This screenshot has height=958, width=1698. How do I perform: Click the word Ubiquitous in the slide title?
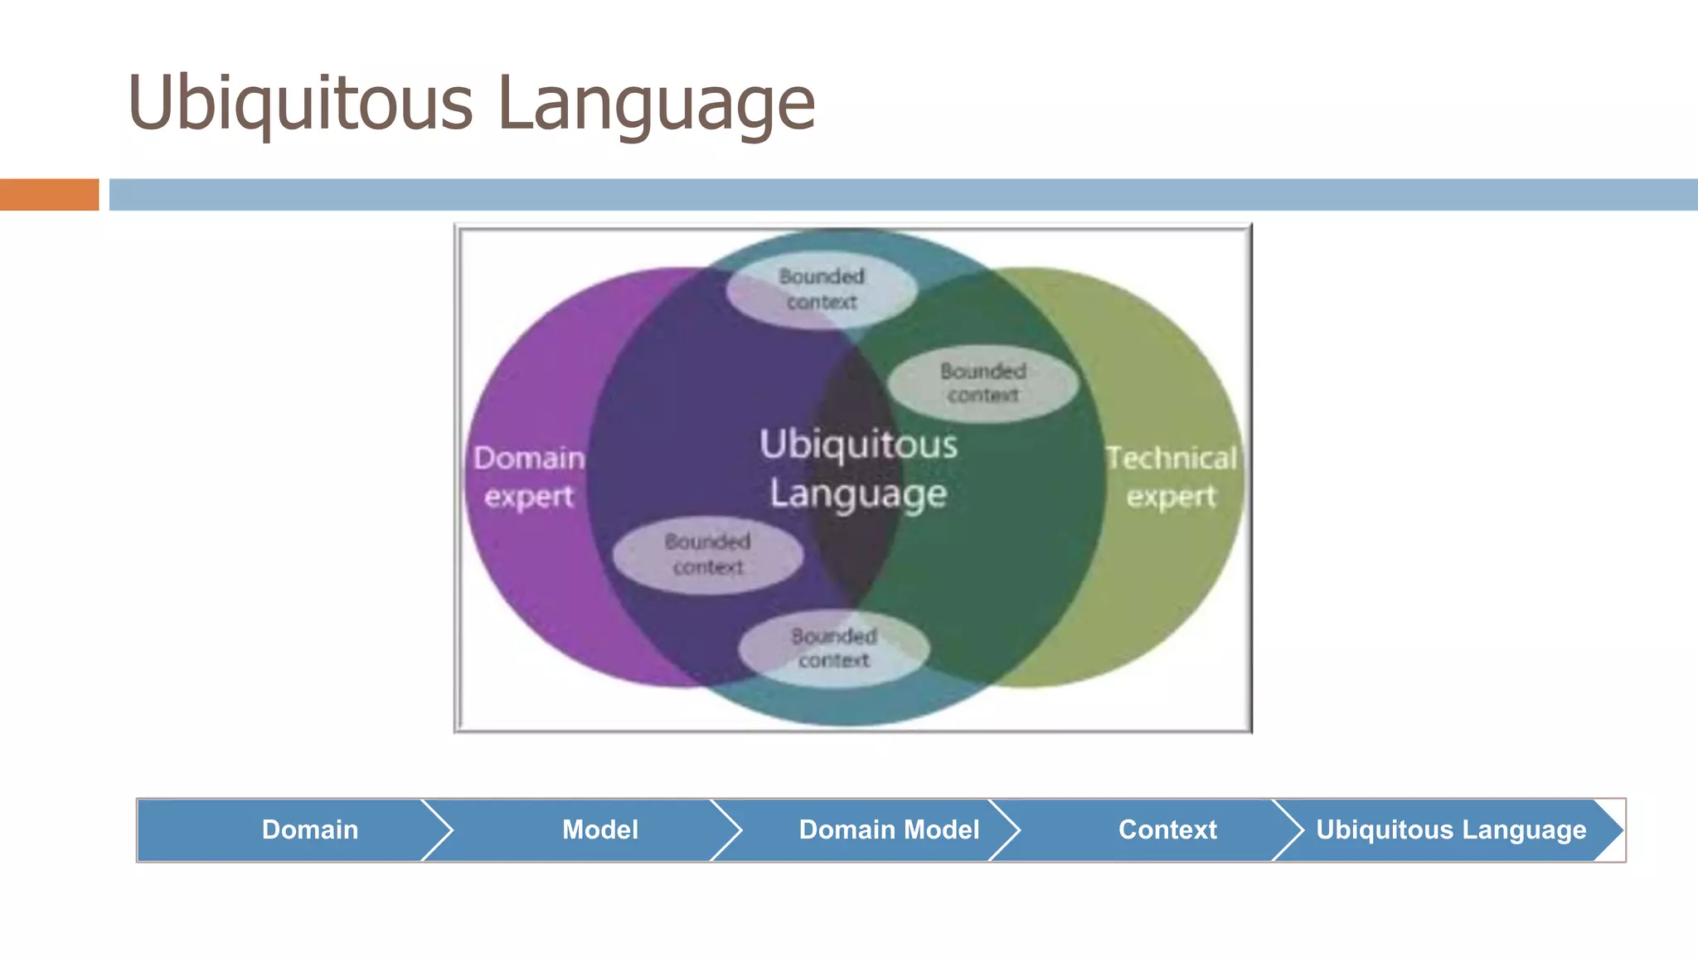click(x=300, y=104)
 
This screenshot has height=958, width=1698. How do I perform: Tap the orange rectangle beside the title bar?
click(x=49, y=195)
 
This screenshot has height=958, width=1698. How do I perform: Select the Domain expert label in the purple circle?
click(x=529, y=476)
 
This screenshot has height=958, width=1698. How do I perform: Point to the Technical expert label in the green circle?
click(x=1171, y=476)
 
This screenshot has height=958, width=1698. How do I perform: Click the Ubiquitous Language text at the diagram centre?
click(x=858, y=469)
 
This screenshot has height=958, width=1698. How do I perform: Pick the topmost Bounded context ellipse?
click(x=822, y=289)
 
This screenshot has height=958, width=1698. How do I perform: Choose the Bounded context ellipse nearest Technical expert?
click(x=983, y=383)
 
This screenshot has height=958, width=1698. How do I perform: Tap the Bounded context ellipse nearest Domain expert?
click(x=707, y=554)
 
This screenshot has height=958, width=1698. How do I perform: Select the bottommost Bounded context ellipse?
click(x=833, y=649)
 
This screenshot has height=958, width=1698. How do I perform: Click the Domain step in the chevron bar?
click(x=310, y=829)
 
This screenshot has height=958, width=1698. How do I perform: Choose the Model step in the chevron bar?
click(x=600, y=829)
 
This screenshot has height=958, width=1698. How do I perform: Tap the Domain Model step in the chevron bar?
click(x=889, y=829)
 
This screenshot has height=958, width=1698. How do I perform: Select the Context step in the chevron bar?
click(x=1167, y=829)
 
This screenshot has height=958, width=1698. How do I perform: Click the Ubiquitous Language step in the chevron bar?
click(x=1451, y=829)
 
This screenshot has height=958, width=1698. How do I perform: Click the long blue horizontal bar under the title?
click(x=904, y=195)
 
